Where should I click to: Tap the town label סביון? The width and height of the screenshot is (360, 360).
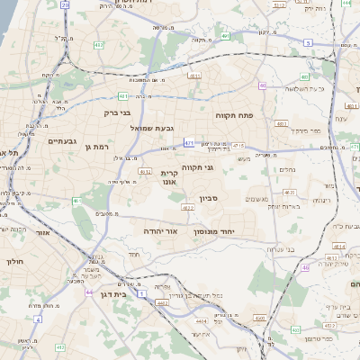pyautogui.click(x=196, y=197)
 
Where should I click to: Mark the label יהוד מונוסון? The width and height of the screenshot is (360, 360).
pyautogui.click(x=213, y=231)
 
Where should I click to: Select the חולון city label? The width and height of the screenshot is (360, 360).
pyautogui.click(x=13, y=261)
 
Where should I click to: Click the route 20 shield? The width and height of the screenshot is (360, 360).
pyautogui.click(x=65, y=5)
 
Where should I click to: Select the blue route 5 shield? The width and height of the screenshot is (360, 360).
pyautogui.click(x=308, y=42)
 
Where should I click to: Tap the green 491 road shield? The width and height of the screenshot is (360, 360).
pyautogui.click(x=122, y=94)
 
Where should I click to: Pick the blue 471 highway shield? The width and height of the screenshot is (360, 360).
pyautogui.click(x=188, y=142)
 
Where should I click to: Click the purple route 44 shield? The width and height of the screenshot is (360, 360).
pyautogui.click(x=88, y=292)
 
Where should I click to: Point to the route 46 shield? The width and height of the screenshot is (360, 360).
pyautogui.click(x=305, y=267)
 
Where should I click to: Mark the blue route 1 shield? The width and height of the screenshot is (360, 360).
pyautogui.click(x=141, y=293)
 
